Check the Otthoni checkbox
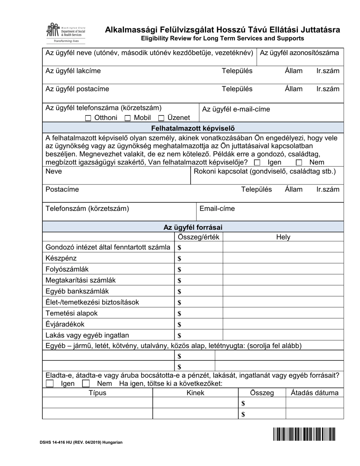[x=88, y=118]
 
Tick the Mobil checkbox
[x=128, y=118]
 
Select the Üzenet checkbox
[x=161, y=118]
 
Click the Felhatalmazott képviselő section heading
[x=193, y=128]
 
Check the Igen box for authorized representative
[x=257, y=163]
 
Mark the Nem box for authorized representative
[x=299, y=163]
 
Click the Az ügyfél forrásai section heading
[x=193, y=227]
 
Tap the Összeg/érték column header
[x=199, y=237]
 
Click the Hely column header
[x=283, y=237]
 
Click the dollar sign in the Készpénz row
[x=179, y=259]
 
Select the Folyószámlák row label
[x=67, y=269]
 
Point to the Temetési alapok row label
[x=72, y=313]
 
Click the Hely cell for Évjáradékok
[x=283, y=324]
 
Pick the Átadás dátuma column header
[x=315, y=393]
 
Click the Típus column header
[x=97, y=393]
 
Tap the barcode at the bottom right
[x=304, y=434]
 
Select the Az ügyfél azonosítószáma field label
[x=299, y=53]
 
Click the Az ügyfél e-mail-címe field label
[x=236, y=109]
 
